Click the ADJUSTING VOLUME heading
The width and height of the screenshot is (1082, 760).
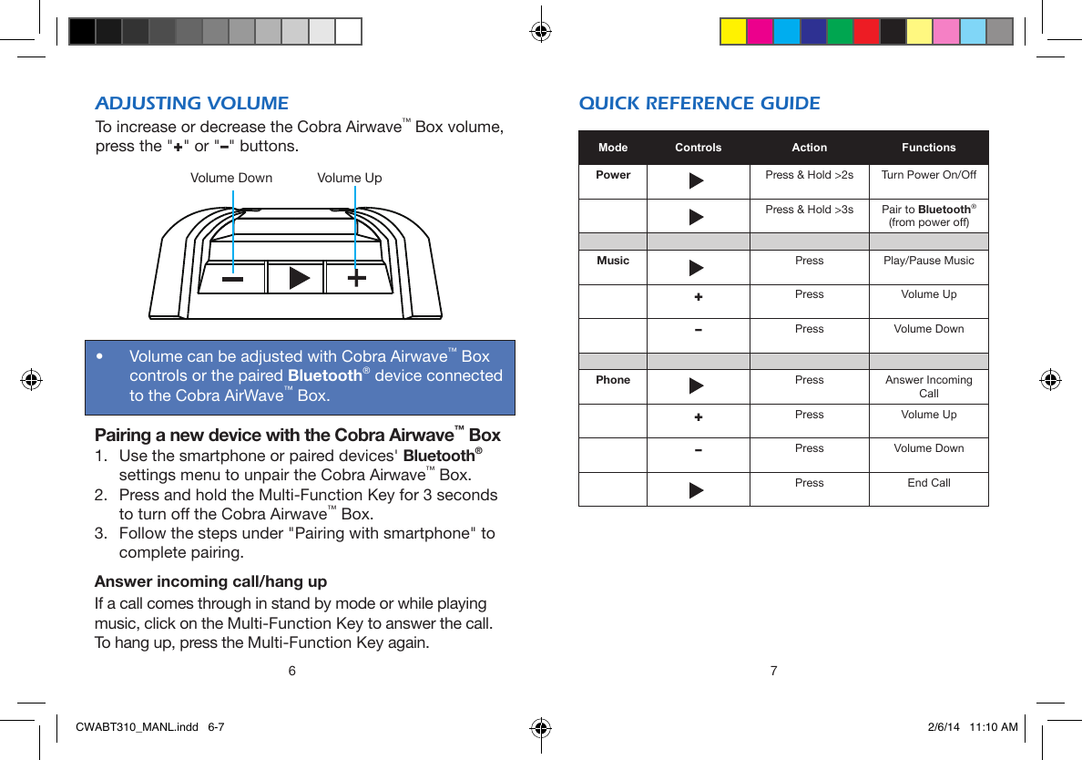click(x=192, y=103)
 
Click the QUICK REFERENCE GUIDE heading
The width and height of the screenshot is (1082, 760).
click(x=699, y=103)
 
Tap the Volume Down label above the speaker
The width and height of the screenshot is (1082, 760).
click(x=230, y=178)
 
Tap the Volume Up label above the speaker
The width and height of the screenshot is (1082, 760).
click(x=349, y=178)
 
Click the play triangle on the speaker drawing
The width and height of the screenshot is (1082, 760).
click(x=298, y=278)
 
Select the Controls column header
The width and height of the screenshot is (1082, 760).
click(x=698, y=148)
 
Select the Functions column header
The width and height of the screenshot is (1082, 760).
click(x=928, y=148)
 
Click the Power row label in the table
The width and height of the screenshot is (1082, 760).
click(x=613, y=175)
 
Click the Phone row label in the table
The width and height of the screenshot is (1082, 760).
click(x=613, y=380)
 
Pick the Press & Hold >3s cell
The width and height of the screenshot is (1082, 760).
click(x=809, y=210)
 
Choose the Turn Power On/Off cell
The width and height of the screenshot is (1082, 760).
click(x=928, y=175)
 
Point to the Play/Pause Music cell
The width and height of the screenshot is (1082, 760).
click(x=928, y=261)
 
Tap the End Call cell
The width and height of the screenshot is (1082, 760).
click(x=928, y=483)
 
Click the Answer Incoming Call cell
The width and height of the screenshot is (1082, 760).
click(x=928, y=386)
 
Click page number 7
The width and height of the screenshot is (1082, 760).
click(x=773, y=672)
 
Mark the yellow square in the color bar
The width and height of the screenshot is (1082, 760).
click(x=733, y=32)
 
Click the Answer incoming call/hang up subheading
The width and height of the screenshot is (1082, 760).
click(x=211, y=581)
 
